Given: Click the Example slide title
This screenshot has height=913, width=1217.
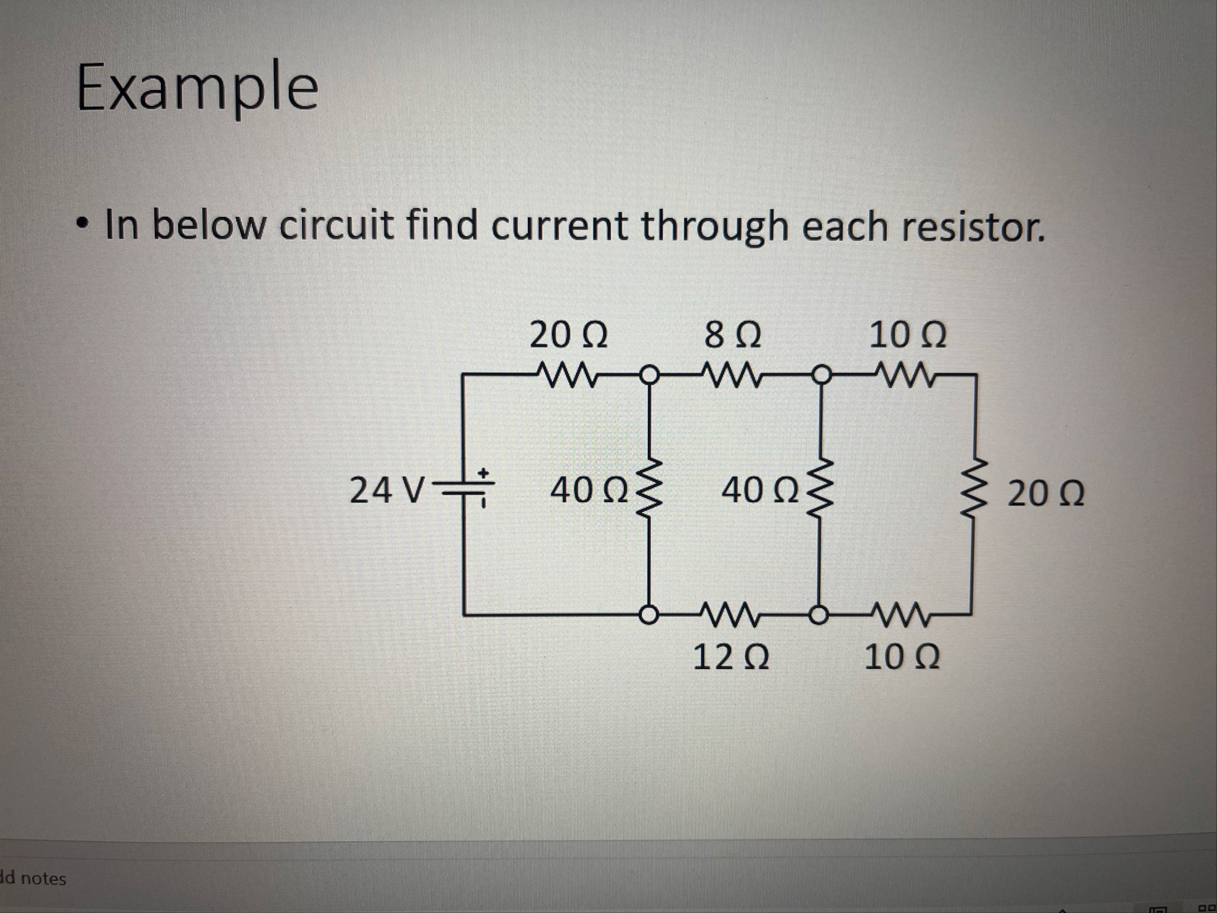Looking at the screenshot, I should pyautogui.click(x=198, y=87).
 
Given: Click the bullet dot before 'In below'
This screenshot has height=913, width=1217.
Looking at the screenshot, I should pyautogui.click(x=81, y=222).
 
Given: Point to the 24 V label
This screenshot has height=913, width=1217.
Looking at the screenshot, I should pyautogui.click(x=387, y=490).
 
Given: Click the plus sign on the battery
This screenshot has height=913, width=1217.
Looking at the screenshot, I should pyautogui.click(x=484, y=474).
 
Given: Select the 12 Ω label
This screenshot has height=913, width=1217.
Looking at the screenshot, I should pyautogui.click(x=731, y=658).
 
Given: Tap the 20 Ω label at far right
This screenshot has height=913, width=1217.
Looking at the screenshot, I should pyautogui.click(x=1046, y=494).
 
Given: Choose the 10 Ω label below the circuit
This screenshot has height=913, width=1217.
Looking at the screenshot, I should pyautogui.click(x=902, y=658).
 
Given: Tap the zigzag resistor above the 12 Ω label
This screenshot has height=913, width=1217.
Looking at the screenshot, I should pyautogui.click(x=730, y=614).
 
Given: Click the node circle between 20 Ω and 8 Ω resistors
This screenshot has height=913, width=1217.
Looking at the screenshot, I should pyautogui.click(x=649, y=374).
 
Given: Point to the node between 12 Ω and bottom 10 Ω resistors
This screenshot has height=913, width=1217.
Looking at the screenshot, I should pyautogui.click(x=818, y=615).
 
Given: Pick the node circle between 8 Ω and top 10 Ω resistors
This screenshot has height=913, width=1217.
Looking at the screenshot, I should pyautogui.click(x=820, y=374).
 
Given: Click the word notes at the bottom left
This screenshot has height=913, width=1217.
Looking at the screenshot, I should pyautogui.click(x=43, y=879).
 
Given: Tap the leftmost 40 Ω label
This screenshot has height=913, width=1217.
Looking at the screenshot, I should pyautogui.click(x=589, y=491).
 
